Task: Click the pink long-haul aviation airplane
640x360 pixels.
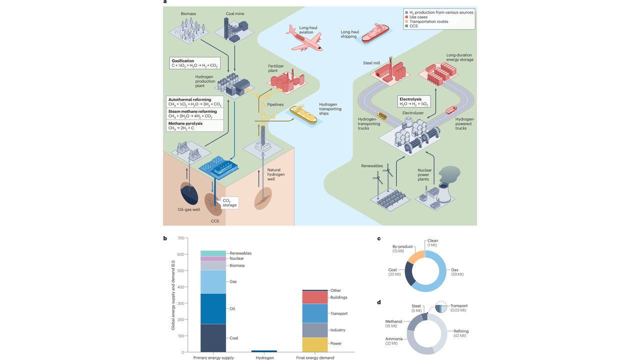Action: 304,38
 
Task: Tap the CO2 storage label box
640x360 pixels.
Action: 229,202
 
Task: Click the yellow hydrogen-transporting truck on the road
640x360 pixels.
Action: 382,116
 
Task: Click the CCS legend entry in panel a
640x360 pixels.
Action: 414,26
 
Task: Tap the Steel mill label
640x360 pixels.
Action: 371,63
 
